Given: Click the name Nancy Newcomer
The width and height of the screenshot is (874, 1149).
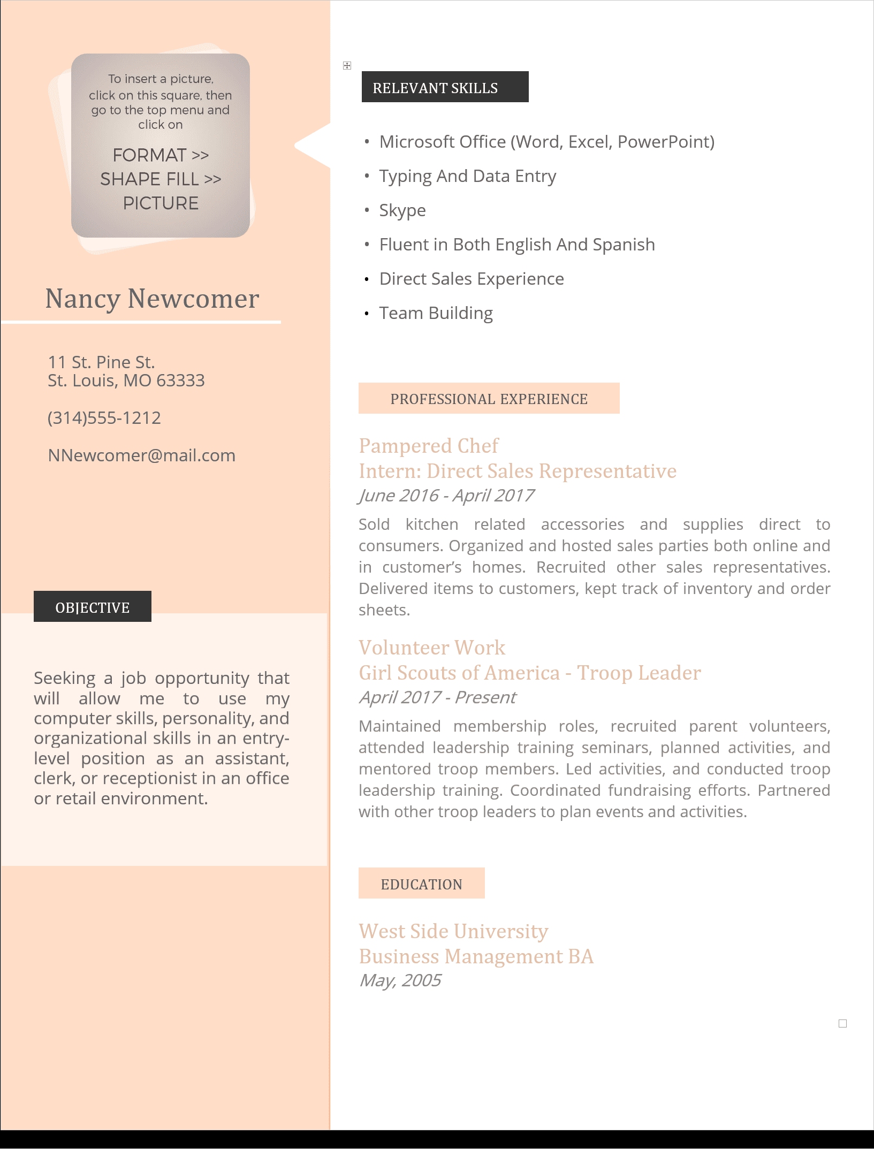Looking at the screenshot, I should (152, 299).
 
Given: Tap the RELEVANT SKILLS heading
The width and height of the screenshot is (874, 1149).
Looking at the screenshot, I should (435, 88).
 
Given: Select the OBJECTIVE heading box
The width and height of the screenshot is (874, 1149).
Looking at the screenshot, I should (93, 607).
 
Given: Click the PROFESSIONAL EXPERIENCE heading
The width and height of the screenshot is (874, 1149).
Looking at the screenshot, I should (489, 399).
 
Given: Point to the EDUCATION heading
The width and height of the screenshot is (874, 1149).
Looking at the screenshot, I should (421, 884).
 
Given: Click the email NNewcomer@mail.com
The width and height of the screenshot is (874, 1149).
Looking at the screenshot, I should (141, 455).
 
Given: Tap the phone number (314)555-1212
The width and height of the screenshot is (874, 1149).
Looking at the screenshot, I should (104, 418).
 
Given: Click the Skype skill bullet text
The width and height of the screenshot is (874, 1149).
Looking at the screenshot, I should (402, 210).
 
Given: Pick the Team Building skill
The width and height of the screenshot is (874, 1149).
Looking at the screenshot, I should (436, 313).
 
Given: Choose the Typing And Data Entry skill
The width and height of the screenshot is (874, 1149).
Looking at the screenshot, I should (467, 176).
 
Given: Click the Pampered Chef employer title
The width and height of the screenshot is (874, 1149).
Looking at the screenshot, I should (429, 446).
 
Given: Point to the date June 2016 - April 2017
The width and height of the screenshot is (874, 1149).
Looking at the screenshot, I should (446, 496).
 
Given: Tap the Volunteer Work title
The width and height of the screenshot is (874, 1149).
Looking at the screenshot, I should (432, 648).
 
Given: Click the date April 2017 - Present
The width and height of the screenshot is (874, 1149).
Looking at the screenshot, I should (437, 697).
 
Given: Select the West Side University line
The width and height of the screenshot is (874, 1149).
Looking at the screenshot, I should (453, 931).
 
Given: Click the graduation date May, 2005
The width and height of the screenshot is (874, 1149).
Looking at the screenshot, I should (400, 980).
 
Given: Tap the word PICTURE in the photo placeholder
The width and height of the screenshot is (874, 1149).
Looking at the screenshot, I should (161, 203).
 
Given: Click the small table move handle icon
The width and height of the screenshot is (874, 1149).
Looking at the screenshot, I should (347, 65).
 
